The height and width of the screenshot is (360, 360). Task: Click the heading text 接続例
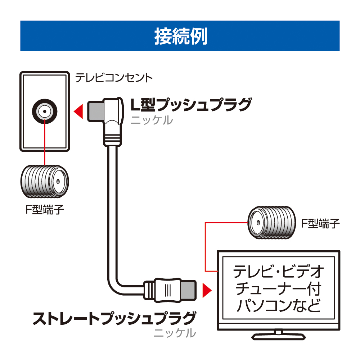[180, 36]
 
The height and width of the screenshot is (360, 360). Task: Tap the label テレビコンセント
[114, 78]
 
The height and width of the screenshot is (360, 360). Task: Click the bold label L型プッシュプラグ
[190, 105]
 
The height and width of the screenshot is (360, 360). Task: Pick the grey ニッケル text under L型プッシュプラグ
[152, 120]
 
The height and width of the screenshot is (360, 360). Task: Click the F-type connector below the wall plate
[44, 183]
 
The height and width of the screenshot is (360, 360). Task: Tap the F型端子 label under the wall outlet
[44, 210]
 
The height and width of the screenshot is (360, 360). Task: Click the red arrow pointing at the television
[206, 290]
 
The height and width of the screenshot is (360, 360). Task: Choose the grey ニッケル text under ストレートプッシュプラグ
[175, 333]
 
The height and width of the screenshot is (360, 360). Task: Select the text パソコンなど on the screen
[279, 307]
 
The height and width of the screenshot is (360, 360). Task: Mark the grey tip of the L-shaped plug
[95, 111]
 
